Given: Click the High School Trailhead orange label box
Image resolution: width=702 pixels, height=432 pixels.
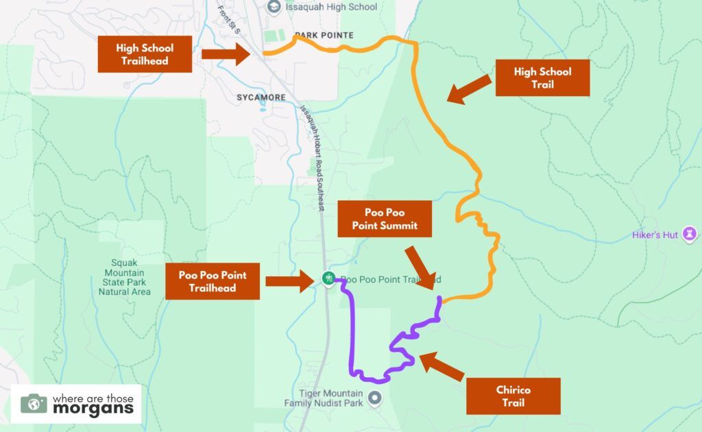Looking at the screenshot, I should coord(144,54).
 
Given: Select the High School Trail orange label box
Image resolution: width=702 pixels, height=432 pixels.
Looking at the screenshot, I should coord(542,77).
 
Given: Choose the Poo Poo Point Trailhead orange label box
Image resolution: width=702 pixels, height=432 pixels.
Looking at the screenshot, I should coord(213,281).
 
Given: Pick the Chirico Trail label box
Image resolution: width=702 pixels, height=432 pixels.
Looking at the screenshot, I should coord(513,396).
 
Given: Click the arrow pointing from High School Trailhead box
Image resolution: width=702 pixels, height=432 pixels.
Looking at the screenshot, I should coord(226,53).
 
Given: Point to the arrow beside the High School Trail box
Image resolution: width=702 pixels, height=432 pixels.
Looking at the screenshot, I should coord(469,90).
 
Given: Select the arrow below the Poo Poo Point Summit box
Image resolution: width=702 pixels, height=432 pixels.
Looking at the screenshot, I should coord(420,268).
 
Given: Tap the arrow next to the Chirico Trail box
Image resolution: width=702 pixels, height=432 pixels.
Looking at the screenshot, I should coord(441,366).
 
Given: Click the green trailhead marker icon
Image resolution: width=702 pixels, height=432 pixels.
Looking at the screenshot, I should coord(328,278).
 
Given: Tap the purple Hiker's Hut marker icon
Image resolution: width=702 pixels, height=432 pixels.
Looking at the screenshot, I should coord(690,235).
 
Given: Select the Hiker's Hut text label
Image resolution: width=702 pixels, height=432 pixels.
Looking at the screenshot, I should coord(655,235).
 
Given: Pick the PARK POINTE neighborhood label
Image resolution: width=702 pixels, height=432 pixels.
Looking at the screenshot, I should coord(324,35).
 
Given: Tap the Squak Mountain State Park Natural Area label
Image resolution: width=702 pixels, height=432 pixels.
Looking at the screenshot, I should coord(125,277).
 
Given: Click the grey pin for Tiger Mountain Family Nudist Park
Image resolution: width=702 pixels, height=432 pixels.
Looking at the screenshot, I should coord(374,397).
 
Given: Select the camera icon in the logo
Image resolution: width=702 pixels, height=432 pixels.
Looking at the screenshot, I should coord(34,404).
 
